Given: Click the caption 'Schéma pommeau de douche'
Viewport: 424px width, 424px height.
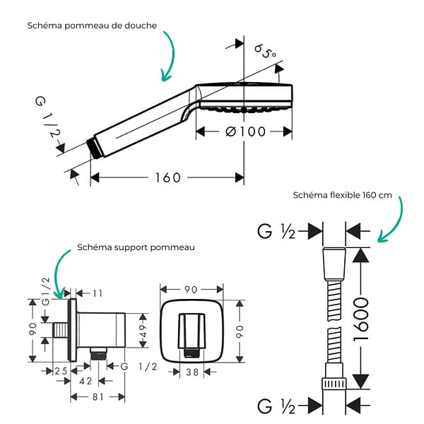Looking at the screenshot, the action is [92, 25].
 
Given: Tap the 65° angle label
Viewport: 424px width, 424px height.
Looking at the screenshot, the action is [265, 52].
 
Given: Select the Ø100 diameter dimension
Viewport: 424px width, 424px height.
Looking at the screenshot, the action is [245, 132].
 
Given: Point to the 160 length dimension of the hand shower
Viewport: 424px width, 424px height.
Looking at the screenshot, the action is [167, 177].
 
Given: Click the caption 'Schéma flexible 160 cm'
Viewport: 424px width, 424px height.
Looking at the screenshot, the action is [342, 195].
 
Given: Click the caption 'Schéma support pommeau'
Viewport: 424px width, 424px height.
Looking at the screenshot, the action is [136, 247].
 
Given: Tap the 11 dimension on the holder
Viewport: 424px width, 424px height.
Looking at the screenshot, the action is [98, 293].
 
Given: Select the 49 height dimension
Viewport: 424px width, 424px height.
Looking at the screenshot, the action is [143, 331].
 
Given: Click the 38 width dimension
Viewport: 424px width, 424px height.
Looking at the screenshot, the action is [192, 372].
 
